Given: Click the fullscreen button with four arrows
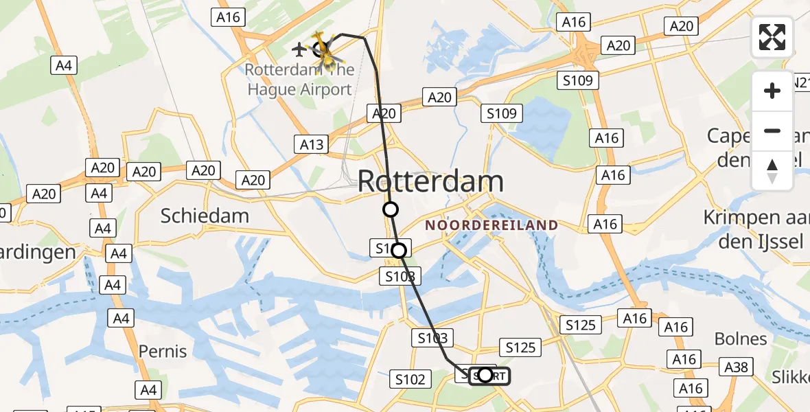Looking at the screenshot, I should (772, 37).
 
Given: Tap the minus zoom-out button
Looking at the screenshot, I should (772, 131).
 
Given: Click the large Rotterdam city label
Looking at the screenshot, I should (430, 182).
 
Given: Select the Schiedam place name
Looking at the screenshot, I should (205, 216).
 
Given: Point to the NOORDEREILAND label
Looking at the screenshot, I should (491, 225).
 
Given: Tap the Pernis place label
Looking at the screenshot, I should (163, 352).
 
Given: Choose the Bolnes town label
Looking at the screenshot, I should (741, 339).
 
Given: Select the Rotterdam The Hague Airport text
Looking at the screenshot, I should (300, 80).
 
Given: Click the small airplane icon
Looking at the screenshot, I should (299, 49).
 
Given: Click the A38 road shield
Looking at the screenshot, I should (737, 367).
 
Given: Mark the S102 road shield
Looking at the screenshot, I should (410, 378).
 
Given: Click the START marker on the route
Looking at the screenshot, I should (485, 375).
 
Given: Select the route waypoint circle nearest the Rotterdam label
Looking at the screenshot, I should (390, 209).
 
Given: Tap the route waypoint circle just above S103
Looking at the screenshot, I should (399, 251).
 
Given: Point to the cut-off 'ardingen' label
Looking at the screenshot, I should (38, 252).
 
